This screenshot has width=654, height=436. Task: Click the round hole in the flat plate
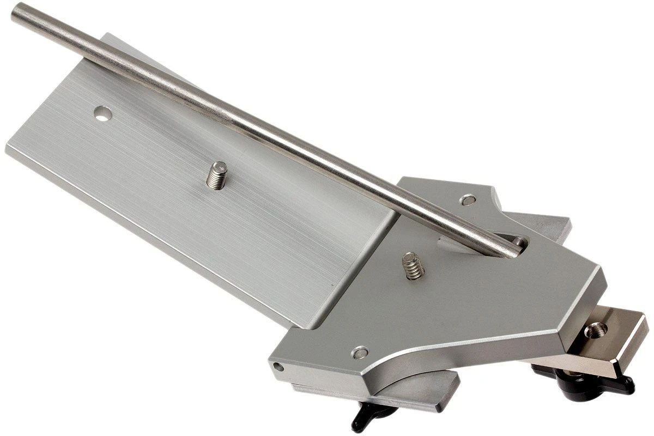pyautogui.click(x=102, y=114)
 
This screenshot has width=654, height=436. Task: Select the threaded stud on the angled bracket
pyautogui.click(x=414, y=267)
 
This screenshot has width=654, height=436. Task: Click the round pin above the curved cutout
pyautogui.click(x=360, y=353)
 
